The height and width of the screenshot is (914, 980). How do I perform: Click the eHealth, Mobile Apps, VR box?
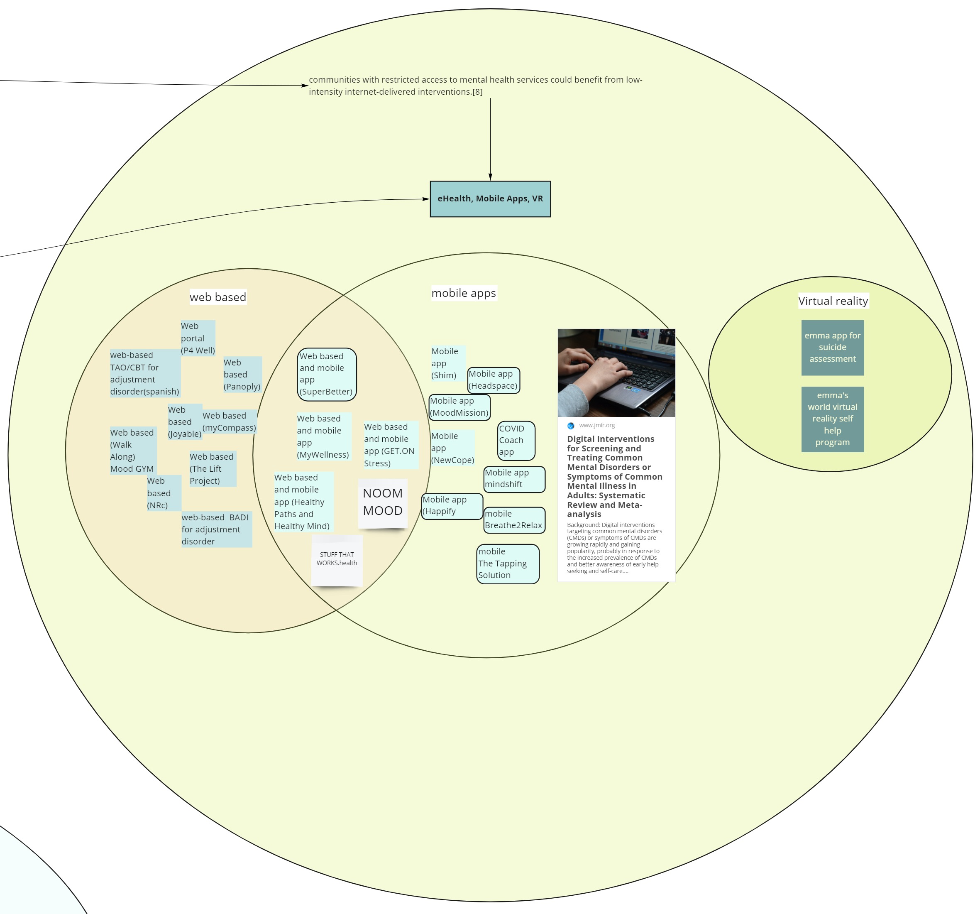pyautogui.click(x=490, y=199)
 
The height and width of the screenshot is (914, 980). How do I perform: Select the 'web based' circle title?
pyautogui.click(x=218, y=297)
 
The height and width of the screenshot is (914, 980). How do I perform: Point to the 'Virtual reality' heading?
pyautogui.click(x=833, y=301)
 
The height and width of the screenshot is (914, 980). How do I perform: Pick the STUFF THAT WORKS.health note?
pyautogui.click(x=337, y=560)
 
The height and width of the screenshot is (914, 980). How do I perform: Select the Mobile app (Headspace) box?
pyautogui.click(x=494, y=380)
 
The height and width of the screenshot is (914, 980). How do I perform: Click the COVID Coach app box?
pyautogui.click(x=516, y=441)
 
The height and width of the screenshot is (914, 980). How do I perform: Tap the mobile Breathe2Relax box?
pyautogui.click(x=514, y=520)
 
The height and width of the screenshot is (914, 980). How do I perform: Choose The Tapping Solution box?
pyautogui.click(x=508, y=564)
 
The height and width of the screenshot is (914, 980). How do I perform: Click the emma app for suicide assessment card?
pyautogui.click(x=832, y=348)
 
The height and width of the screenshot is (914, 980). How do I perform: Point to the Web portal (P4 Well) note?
pyautogui.click(x=198, y=338)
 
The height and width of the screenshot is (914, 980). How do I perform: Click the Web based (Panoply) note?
pyautogui.click(x=242, y=375)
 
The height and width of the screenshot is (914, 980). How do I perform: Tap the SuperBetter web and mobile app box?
pyautogui.click(x=327, y=375)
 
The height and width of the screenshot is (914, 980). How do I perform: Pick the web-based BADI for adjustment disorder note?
pyautogui.click(x=216, y=529)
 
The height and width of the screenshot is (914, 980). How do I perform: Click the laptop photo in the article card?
pyautogui.click(x=616, y=372)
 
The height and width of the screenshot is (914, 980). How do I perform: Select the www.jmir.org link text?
pyautogui.click(x=596, y=425)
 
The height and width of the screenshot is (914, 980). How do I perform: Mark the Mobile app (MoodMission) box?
pyautogui.click(x=459, y=407)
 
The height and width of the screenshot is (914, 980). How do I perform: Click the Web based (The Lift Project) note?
pyautogui.click(x=213, y=468)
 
